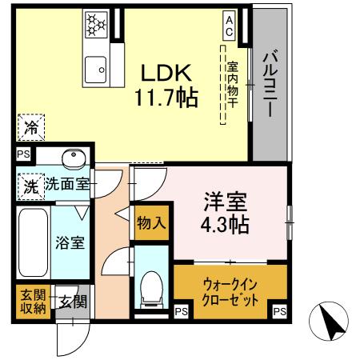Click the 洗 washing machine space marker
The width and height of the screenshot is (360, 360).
coord(30,185)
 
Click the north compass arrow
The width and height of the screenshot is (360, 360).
coord(331,322)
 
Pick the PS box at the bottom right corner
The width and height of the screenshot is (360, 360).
coord(278,311)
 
